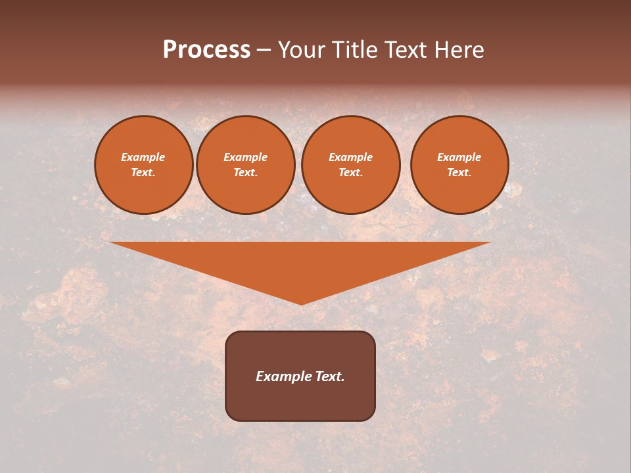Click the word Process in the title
(206, 50)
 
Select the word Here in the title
(458, 50)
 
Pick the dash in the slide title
(264, 51)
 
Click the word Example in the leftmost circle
(143, 157)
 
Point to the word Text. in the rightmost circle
(459, 172)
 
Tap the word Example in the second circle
(246, 157)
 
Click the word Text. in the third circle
(351, 172)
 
